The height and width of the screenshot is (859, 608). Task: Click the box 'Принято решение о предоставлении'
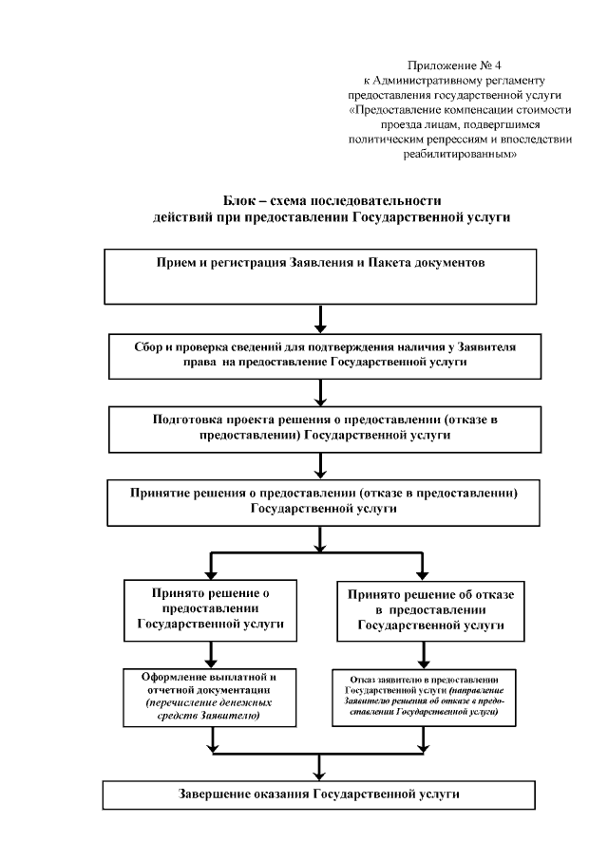click(206, 608)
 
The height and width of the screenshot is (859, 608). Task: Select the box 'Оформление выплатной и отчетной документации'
click(206, 698)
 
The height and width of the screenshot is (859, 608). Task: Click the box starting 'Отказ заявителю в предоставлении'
click(425, 700)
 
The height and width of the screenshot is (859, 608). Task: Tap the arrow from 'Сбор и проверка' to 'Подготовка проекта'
click(323, 393)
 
